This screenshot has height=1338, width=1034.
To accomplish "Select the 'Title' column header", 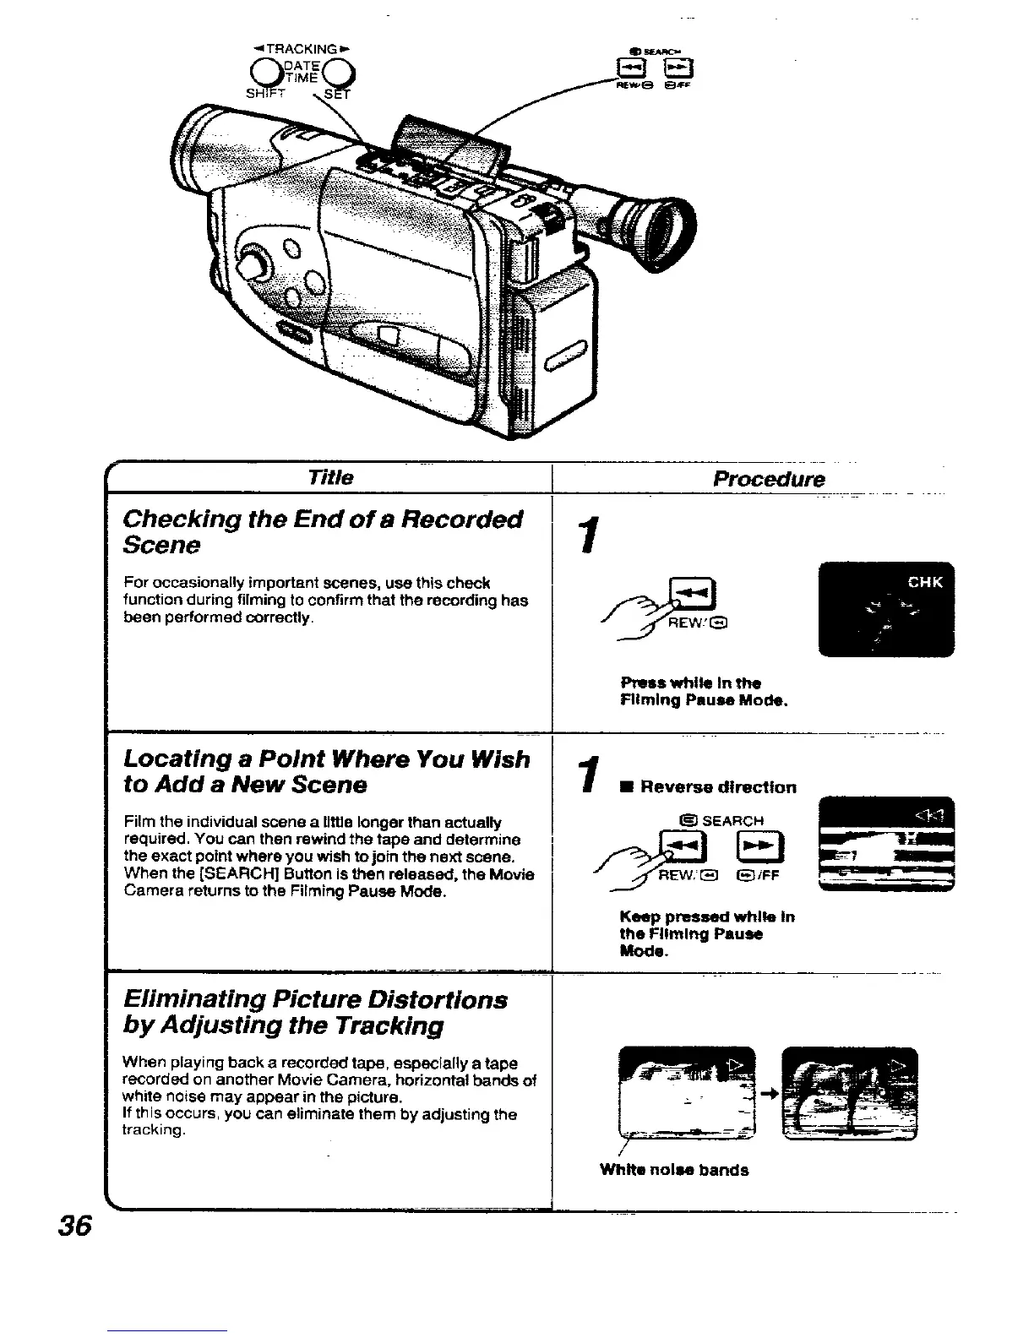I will [x=330, y=477].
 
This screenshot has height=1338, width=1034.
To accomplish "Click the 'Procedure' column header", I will [x=768, y=479].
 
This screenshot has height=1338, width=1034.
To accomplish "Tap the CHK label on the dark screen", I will [x=925, y=582].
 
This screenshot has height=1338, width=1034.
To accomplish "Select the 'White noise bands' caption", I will [x=674, y=1170].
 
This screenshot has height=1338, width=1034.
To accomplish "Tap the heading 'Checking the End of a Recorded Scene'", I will [x=323, y=531].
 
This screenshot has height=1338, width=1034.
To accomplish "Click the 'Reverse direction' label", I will [x=717, y=787].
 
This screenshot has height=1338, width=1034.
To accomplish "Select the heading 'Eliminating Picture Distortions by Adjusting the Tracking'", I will [x=315, y=1012].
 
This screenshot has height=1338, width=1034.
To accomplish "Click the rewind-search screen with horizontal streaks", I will [x=887, y=843].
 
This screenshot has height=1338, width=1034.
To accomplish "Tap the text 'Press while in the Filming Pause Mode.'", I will [x=704, y=692].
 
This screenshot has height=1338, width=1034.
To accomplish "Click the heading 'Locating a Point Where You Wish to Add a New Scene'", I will [x=326, y=772].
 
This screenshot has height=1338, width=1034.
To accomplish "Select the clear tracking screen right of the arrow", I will [x=850, y=1093].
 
